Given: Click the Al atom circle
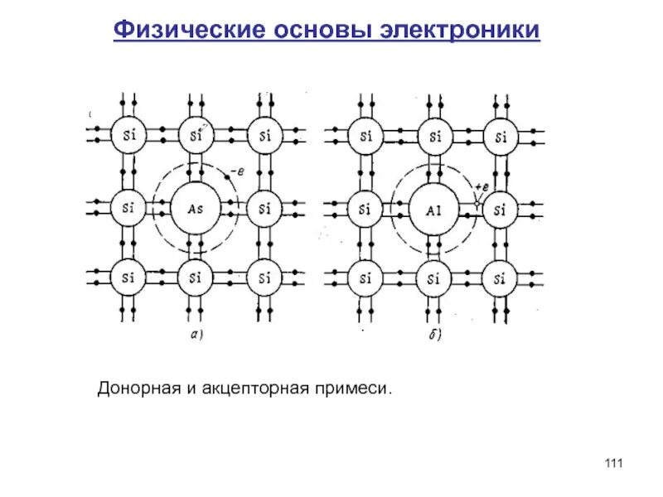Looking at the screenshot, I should pos(433,208).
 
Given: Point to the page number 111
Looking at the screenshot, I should pos(613,462).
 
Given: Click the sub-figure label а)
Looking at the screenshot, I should pos(196,335).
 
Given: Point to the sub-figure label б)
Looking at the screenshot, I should pos(433,335).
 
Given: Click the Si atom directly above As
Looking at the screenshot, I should pos(196,134).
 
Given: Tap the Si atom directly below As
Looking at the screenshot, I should pos(196,277).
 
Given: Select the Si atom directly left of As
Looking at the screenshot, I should pos(128,207).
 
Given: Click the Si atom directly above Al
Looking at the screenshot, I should pos(433,134).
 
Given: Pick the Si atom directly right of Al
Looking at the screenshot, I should pos(500,208).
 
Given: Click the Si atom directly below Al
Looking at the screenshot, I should pos(433,277).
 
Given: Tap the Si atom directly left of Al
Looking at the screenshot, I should pos(365,208).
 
